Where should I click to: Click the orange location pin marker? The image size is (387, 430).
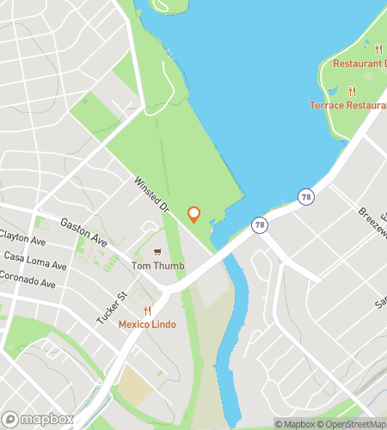[x=193, y=214]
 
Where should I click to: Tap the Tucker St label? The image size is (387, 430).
[x=112, y=307]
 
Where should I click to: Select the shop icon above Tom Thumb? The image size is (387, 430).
[x=157, y=252]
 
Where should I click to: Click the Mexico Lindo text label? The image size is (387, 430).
[x=148, y=324]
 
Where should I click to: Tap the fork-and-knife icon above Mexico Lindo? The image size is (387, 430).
[x=148, y=310]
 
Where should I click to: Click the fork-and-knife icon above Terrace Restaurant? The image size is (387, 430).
[x=352, y=91]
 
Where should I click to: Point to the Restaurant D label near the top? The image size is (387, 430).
[x=359, y=64]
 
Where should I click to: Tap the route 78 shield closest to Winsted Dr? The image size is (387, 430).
[x=259, y=224]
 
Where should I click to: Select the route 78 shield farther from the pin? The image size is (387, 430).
[x=306, y=198]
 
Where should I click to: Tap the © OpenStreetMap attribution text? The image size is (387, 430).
[x=353, y=423]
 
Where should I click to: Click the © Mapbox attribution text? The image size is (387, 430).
[x=295, y=423]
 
